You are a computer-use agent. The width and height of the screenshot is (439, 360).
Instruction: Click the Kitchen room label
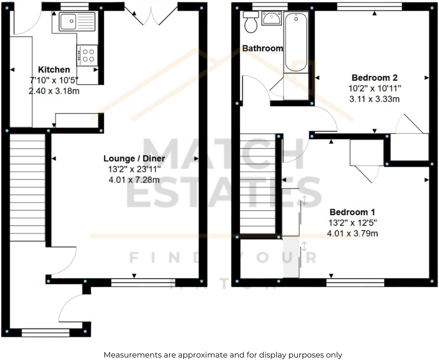click(54, 69)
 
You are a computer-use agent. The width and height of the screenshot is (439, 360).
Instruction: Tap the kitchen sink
click(77, 22)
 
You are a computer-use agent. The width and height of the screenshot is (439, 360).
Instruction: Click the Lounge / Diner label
click(134, 158)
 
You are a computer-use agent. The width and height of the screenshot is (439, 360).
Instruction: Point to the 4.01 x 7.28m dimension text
click(134, 180)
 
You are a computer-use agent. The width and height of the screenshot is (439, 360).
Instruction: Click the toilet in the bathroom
click(251, 22)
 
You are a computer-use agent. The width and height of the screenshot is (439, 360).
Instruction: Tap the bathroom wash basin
click(272, 19)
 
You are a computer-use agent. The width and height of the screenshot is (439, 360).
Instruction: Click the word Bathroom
click(263, 48)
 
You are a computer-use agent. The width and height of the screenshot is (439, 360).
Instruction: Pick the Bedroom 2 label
click(374, 78)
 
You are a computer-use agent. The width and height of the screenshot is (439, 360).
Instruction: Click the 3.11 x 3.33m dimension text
click(374, 99)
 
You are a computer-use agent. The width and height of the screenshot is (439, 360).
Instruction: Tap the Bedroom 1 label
click(352, 212)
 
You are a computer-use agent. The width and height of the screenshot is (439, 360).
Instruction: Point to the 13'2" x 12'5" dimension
click(352, 223)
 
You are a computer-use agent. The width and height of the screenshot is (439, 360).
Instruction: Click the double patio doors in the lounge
click(151, 15)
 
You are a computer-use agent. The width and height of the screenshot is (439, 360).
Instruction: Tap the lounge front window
click(143, 282)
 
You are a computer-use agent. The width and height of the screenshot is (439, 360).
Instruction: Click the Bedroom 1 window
click(355, 283)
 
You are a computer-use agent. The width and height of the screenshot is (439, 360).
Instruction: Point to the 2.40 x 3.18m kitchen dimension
click(54, 91)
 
